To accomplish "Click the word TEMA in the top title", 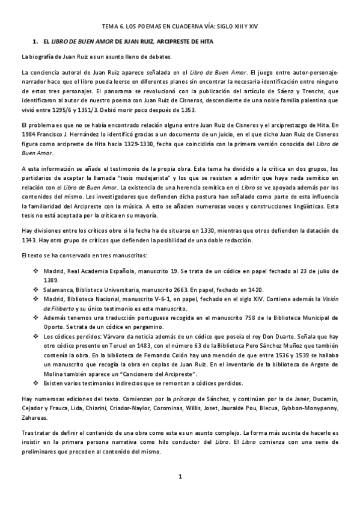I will click(x=110, y=26).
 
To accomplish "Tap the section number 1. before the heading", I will click(x=35, y=41).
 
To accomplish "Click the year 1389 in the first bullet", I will click(x=51, y=280).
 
